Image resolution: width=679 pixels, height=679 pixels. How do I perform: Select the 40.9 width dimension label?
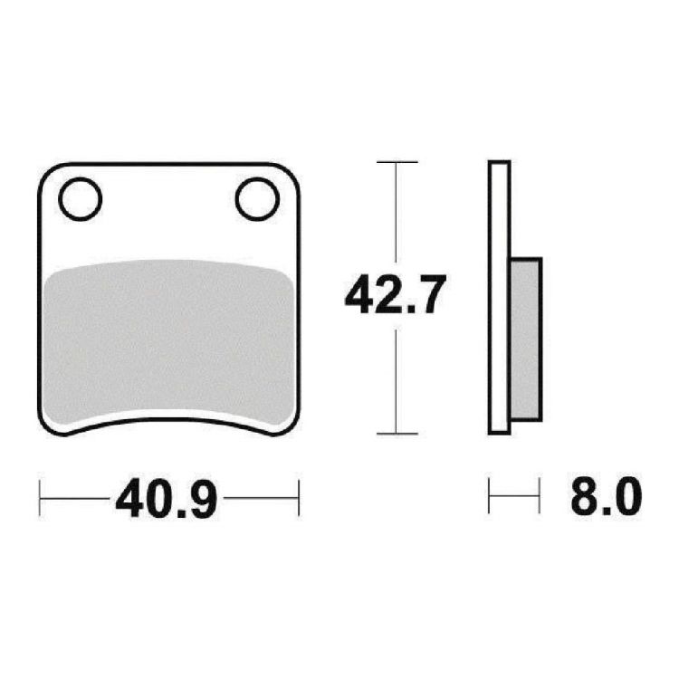(x=166, y=498)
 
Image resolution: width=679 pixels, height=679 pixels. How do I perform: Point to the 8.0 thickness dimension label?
(x=606, y=495)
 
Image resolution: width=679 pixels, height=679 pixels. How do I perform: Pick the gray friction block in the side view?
(x=526, y=339)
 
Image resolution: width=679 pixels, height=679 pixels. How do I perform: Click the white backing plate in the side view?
(x=499, y=297)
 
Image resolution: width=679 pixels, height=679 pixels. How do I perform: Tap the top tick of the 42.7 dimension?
(x=397, y=162)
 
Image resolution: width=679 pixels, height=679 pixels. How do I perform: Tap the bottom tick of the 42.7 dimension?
(x=397, y=433)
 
